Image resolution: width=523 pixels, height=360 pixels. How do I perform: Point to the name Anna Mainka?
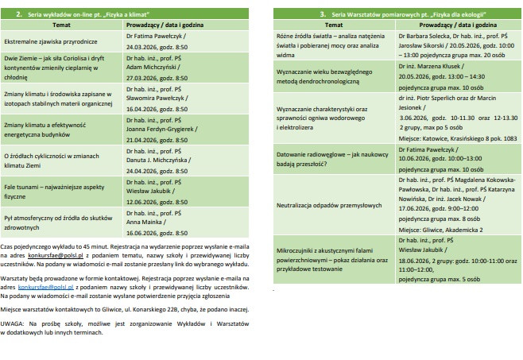point(142,223)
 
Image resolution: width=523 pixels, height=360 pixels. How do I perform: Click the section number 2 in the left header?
point(19,14)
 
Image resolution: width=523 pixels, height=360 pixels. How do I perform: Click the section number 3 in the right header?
point(323,14)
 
